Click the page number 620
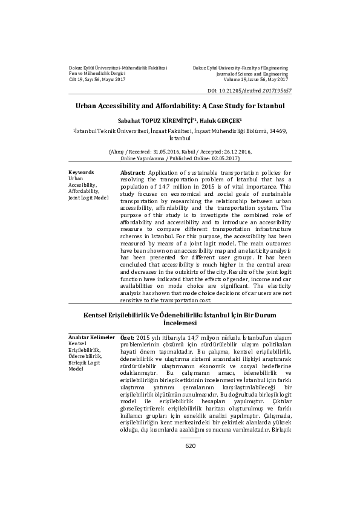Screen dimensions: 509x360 (x=191, y=479)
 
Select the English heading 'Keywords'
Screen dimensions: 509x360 (x=82, y=172)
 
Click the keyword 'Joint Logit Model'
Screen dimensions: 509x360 (x=88, y=197)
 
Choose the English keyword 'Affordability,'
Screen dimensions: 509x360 (x=84, y=191)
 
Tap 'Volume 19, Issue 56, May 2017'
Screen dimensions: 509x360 (x=256, y=79)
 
